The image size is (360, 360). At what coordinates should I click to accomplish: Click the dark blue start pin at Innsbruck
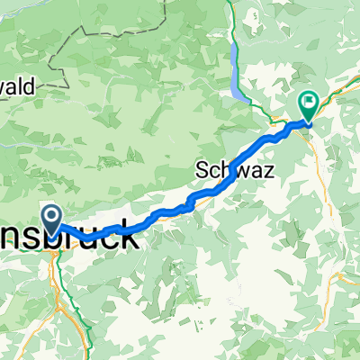pyautogui.click(x=50, y=217)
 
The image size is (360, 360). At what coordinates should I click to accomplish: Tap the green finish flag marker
pyautogui.click(x=309, y=106)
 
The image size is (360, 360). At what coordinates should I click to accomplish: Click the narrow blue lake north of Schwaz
pyautogui.click(x=238, y=76)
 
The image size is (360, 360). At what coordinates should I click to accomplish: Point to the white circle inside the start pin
pyautogui.click(x=50, y=214)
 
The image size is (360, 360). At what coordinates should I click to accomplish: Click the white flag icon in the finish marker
pyautogui.click(x=309, y=103)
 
